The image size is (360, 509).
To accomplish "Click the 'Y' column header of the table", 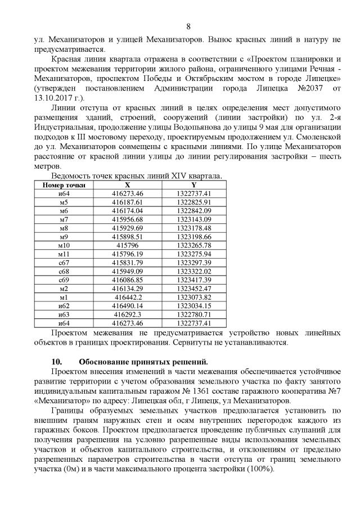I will [193, 184].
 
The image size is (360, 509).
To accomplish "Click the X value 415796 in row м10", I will [128, 245].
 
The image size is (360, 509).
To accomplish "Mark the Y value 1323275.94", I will [193, 254].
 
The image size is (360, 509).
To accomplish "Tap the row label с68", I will [64, 271].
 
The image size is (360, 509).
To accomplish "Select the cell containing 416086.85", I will [128, 280].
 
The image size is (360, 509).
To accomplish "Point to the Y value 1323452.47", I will [193, 289].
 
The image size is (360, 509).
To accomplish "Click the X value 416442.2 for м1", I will [128, 297].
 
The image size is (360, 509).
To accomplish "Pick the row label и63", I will [64, 314].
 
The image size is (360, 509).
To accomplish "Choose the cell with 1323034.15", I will [193, 306].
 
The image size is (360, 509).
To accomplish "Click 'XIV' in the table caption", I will [177, 176].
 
